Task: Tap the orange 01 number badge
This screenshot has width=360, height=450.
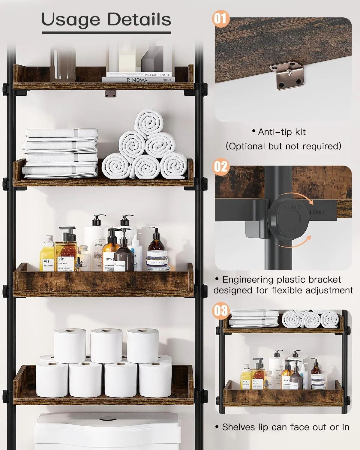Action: (x=220, y=18)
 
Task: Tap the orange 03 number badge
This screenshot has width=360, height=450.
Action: (x=220, y=310)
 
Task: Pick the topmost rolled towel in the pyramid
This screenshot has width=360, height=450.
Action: (x=149, y=123)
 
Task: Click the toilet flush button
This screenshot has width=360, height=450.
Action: (x=106, y=418)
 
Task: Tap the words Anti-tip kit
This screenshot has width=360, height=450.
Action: (x=279, y=132)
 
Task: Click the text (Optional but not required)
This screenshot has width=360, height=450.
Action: (x=283, y=146)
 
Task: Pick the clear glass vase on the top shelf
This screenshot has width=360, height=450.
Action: (x=62, y=64)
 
